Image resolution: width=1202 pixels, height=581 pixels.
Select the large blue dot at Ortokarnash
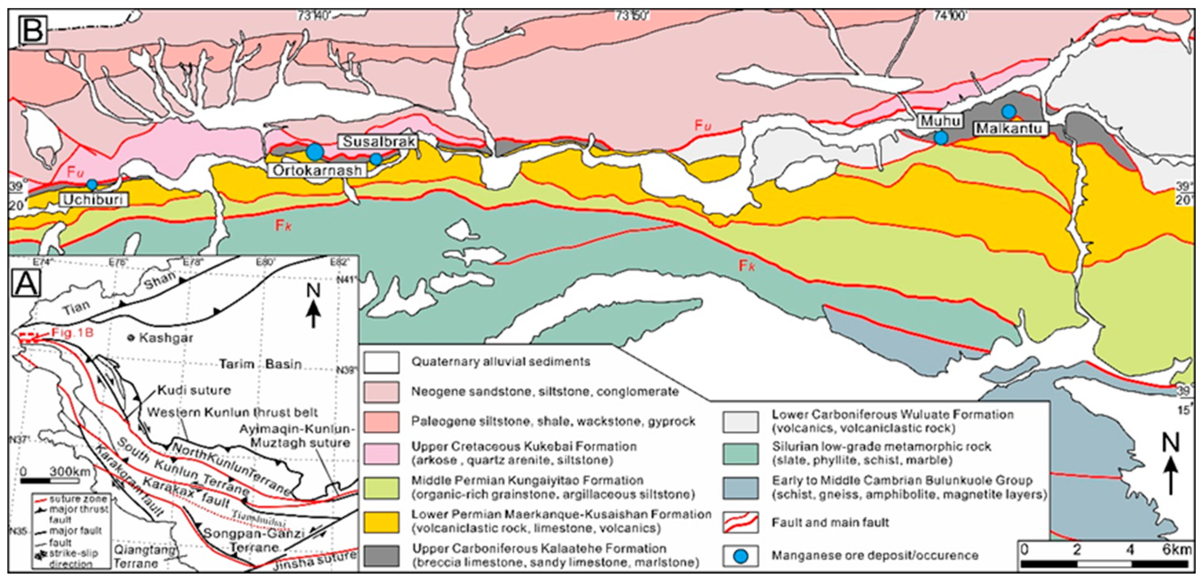[x=315, y=152]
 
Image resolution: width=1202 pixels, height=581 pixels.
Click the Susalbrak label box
[x=378, y=142]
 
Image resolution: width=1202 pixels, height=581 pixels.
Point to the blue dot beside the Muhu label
[x=941, y=138]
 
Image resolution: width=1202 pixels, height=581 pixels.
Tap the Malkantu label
[x=1009, y=128]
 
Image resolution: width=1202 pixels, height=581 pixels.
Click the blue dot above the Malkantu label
[x=1009, y=111]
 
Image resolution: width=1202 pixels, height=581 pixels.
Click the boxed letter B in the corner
[x=32, y=29]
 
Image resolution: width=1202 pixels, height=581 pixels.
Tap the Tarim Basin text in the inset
[x=260, y=364]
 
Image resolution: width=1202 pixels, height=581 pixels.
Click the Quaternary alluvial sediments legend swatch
[x=381, y=362]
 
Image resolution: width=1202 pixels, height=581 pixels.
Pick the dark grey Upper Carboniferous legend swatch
[x=381, y=555]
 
